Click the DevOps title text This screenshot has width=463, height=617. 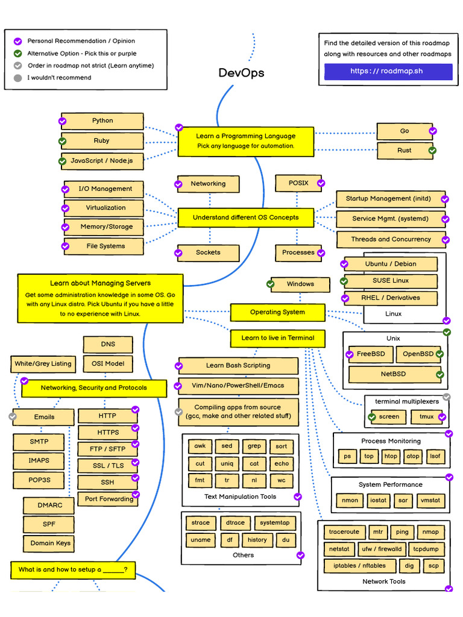(241, 73)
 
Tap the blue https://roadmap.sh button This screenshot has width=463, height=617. (388, 71)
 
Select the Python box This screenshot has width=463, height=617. (102, 121)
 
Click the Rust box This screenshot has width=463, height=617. (404, 151)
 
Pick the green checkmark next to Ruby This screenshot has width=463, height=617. (62, 141)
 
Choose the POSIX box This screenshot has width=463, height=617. (298, 183)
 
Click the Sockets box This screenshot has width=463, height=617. (208, 252)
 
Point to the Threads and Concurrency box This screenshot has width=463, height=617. (391, 239)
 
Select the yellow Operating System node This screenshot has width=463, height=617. (277, 312)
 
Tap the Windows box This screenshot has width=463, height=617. (300, 284)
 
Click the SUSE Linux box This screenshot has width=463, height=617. (390, 281)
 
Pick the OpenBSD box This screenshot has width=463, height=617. (418, 354)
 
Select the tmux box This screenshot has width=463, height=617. (426, 416)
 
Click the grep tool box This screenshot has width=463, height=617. (254, 446)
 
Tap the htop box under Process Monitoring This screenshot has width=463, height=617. (391, 456)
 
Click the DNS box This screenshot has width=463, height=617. (108, 345)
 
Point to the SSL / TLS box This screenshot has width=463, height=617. (108, 466)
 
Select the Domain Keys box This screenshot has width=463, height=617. (51, 543)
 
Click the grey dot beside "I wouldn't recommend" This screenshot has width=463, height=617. (18, 78)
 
